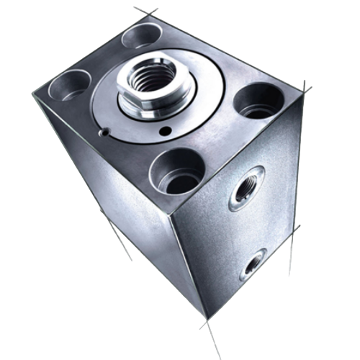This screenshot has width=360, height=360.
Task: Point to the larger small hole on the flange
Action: pyautogui.click(x=167, y=130)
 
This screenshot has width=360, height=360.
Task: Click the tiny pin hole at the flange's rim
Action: pyautogui.click(x=106, y=132)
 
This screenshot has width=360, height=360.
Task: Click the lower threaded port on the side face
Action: pyautogui.click(x=253, y=266)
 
